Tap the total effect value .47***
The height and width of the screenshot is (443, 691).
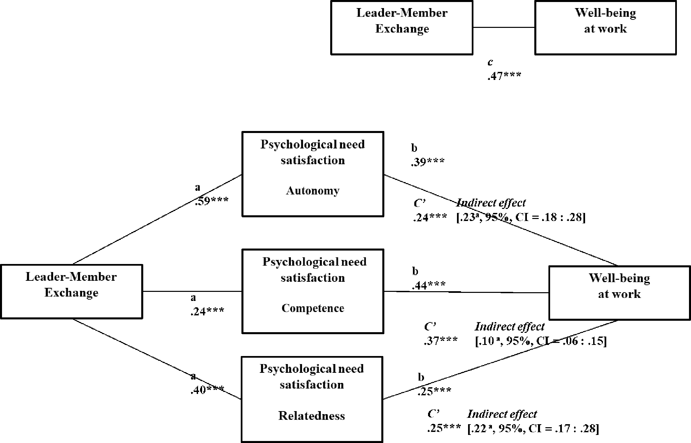pyautogui.click(x=504, y=76)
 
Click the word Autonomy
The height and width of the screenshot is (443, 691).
pyautogui.click(x=313, y=191)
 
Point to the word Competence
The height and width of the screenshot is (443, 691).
pyautogui.click(x=313, y=308)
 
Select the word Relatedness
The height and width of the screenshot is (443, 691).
pyautogui.click(x=312, y=416)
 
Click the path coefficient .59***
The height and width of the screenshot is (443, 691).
pyautogui.click(x=212, y=201)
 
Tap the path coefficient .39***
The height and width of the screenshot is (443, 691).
pyautogui.click(x=427, y=162)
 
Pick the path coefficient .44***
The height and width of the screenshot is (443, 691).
pyautogui.click(x=429, y=285)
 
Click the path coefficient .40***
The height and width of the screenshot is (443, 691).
pyautogui.click(x=207, y=390)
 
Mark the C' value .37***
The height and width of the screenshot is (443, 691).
pyautogui.click(x=440, y=341)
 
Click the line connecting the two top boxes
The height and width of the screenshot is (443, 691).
pyautogui.click(x=504, y=27)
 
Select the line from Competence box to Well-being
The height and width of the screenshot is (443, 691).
pyautogui.click(x=466, y=292)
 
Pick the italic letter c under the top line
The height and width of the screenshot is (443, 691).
pyautogui.click(x=490, y=62)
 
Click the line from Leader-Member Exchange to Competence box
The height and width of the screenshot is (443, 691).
pyautogui.click(x=192, y=291)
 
